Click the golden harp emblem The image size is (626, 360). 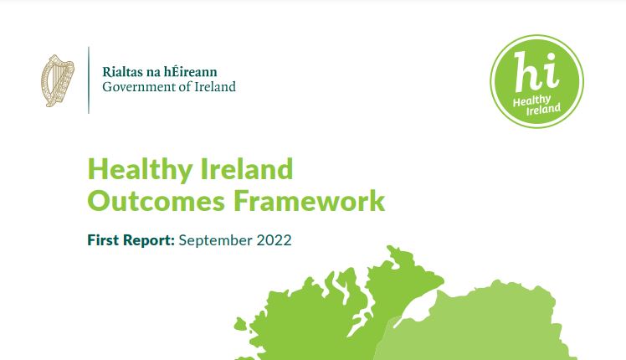(x=58, y=80)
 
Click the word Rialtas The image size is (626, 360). (x=117, y=72)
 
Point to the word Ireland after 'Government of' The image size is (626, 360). (x=215, y=86)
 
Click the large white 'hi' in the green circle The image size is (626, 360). (x=535, y=72)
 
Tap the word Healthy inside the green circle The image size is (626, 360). (x=531, y=100)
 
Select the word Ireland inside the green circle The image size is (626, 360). (x=543, y=109)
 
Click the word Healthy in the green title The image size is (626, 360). (x=140, y=170)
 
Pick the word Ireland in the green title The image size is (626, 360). (x=247, y=169)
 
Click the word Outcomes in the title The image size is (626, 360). (x=156, y=201)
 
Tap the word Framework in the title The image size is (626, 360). (x=309, y=201)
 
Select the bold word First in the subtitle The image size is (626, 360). (x=103, y=240)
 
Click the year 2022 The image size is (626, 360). (x=275, y=240)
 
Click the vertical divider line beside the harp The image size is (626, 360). (x=88, y=80)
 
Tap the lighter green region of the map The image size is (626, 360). (x=479, y=327)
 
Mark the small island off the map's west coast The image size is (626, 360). (x=240, y=324)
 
